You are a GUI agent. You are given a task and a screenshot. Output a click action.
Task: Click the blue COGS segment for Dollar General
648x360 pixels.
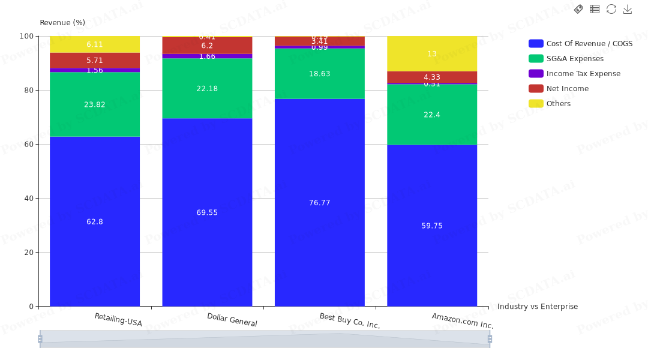point(207,240)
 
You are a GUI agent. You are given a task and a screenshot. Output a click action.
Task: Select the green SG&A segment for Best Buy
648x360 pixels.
point(319,84)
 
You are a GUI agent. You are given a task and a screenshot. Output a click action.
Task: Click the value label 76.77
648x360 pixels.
point(319,203)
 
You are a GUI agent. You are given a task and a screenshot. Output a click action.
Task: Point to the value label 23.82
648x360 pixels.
point(94,104)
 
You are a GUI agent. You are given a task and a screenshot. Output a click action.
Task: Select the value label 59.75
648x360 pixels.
point(432,226)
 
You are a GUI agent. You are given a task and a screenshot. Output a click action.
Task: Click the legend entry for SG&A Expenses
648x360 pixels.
point(575,59)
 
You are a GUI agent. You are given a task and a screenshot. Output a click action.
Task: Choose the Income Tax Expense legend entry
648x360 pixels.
point(583,74)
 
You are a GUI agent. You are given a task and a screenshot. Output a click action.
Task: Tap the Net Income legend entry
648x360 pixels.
point(567,89)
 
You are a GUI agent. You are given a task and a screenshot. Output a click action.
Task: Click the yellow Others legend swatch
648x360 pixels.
point(536,104)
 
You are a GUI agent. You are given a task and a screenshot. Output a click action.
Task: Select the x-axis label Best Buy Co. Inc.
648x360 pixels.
point(350,321)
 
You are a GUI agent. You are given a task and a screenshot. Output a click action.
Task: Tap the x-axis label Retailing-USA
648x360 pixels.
point(118,320)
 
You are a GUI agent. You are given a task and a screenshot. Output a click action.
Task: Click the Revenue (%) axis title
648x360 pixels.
point(62,23)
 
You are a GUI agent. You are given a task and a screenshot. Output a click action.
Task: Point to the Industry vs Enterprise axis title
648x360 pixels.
point(538,307)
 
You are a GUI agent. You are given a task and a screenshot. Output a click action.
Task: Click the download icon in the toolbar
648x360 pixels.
point(628,9)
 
